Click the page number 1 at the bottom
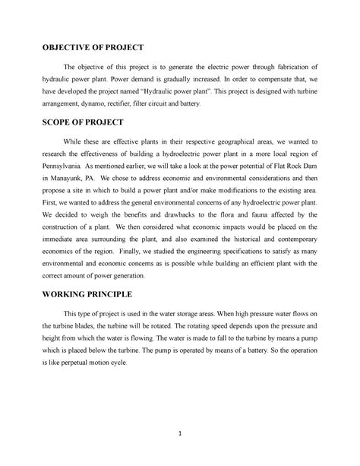point(180,434)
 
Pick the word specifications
point(252,267)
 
